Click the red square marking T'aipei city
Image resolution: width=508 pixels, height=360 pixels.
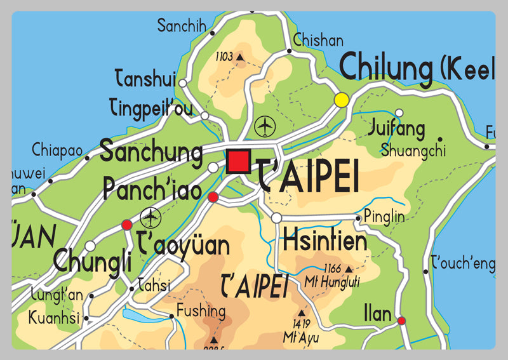(239, 160)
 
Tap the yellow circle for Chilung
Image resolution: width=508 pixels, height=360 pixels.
(342, 100)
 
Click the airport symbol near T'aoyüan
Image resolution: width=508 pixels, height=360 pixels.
(150, 218)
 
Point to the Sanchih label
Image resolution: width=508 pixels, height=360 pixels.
(182, 26)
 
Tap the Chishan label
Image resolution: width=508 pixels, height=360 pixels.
(318, 41)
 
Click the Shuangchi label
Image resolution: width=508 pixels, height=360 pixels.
(413, 151)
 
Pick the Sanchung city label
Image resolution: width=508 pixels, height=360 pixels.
(152, 152)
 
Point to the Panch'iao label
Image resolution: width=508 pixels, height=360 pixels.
(152, 189)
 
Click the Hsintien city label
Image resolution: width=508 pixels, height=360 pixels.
(325, 241)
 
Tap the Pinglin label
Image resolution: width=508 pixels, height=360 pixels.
(384, 217)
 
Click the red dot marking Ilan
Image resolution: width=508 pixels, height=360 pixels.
(401, 321)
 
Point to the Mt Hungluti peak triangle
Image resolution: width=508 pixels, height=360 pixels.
(347, 269)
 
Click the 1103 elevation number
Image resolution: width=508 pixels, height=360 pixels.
(224, 57)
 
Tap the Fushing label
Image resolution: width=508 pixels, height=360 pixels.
(201, 311)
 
